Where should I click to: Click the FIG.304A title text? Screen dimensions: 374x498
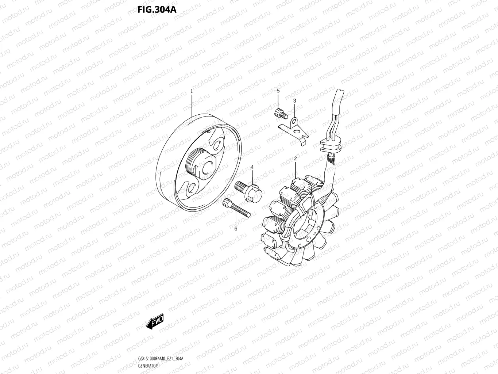pos(157,9)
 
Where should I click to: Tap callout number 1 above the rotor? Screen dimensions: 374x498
pos(192,91)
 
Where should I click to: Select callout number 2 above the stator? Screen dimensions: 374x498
pos(295,159)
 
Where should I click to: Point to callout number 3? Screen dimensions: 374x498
pos(294,100)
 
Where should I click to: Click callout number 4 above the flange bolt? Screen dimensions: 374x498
pos(252,167)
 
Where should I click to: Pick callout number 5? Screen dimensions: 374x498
pos(278,90)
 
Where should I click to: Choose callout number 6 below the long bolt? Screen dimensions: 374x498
pos(236,229)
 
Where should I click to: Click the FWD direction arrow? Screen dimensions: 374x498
pos(155,321)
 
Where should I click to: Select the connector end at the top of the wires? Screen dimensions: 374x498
pos(339,97)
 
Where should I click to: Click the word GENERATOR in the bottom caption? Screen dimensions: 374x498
pos(148,366)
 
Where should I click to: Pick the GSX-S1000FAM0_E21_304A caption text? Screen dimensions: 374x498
pos(161,359)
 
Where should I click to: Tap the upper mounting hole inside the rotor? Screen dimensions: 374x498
pos(218,145)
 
